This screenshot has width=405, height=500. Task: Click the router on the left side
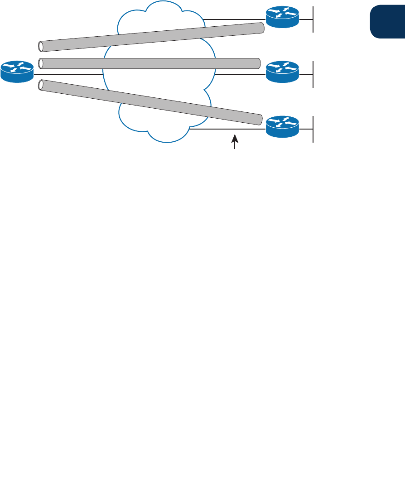(17, 72)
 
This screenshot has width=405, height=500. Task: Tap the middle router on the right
(282, 72)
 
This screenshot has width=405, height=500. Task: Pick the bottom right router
(282, 126)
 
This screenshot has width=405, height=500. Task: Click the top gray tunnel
(149, 37)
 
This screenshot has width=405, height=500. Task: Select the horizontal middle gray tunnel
(149, 63)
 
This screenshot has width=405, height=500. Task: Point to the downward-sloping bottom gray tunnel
(149, 101)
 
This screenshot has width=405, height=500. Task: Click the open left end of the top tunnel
(41, 46)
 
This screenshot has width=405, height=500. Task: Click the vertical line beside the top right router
(313, 19)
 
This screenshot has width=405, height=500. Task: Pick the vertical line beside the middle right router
(313, 74)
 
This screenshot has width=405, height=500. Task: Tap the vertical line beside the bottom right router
(313, 129)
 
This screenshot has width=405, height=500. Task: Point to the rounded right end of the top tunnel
(261, 28)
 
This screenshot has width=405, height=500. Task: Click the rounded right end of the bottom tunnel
(260, 120)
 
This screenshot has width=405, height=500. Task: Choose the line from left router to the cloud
(68, 74)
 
